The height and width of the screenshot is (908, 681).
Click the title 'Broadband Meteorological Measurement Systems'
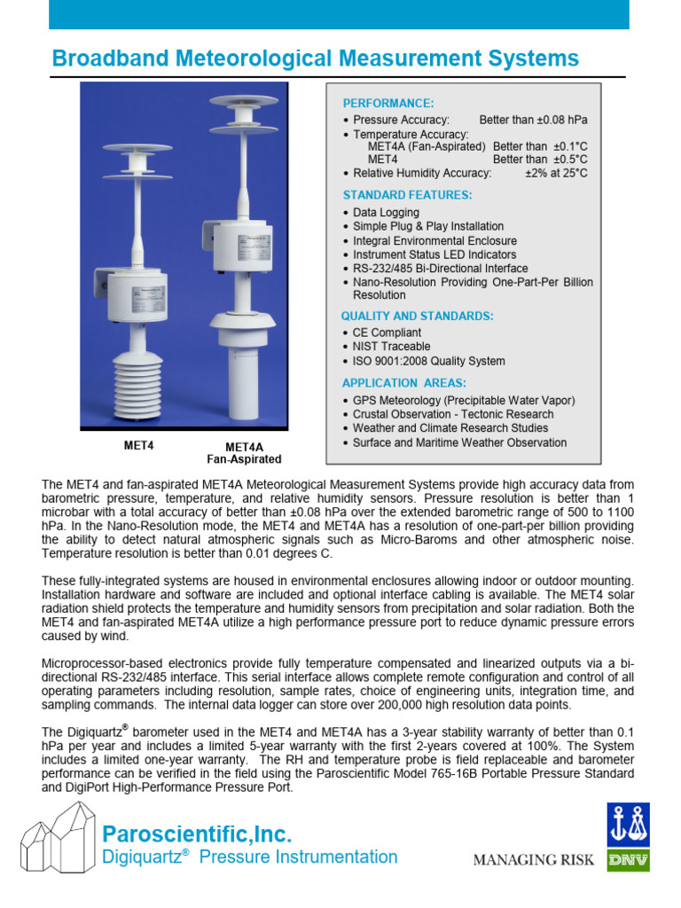pyautogui.click(x=315, y=59)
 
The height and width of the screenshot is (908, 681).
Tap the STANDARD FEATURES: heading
pyautogui.click(x=407, y=194)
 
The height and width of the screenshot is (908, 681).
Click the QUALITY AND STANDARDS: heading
pyautogui.click(x=418, y=316)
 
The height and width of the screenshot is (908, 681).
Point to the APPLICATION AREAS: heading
pyautogui.click(x=403, y=383)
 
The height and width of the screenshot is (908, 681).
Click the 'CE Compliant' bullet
pyautogui.click(x=387, y=333)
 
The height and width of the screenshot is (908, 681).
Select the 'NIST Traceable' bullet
pyautogui.click(x=391, y=347)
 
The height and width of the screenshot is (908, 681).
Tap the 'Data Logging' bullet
pyautogui.click(x=386, y=213)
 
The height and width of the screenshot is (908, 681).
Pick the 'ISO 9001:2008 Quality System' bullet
pyautogui.click(x=428, y=361)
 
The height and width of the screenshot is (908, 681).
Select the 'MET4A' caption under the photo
pyautogui.click(x=244, y=447)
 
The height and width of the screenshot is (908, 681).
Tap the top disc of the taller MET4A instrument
pyautogui.click(x=239, y=100)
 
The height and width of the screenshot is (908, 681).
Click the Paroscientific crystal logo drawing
pyautogui.click(x=56, y=846)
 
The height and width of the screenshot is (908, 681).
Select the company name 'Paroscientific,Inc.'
pyautogui.click(x=197, y=834)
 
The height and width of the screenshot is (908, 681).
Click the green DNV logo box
pyautogui.click(x=628, y=860)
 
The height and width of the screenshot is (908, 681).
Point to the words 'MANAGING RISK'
pyautogui.click(x=533, y=859)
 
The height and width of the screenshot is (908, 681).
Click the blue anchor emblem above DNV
pyautogui.click(x=628, y=825)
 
